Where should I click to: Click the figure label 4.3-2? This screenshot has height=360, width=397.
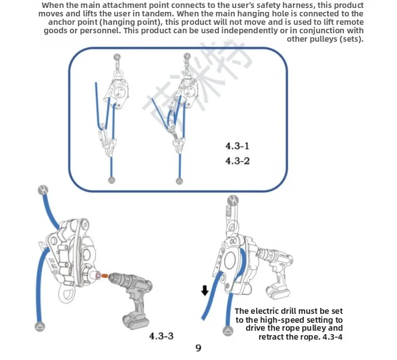(237, 161)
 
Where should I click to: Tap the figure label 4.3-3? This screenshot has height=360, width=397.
(162, 336)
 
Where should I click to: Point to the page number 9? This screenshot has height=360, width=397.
(198, 348)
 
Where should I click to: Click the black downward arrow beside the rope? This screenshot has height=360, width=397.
(204, 290)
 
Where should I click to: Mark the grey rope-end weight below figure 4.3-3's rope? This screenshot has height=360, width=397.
(39, 326)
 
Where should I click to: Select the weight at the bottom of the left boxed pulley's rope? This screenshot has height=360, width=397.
(112, 180)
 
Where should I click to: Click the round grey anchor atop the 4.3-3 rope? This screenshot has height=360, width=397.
(43, 190)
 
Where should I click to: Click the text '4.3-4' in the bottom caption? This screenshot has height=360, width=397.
(332, 337)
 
